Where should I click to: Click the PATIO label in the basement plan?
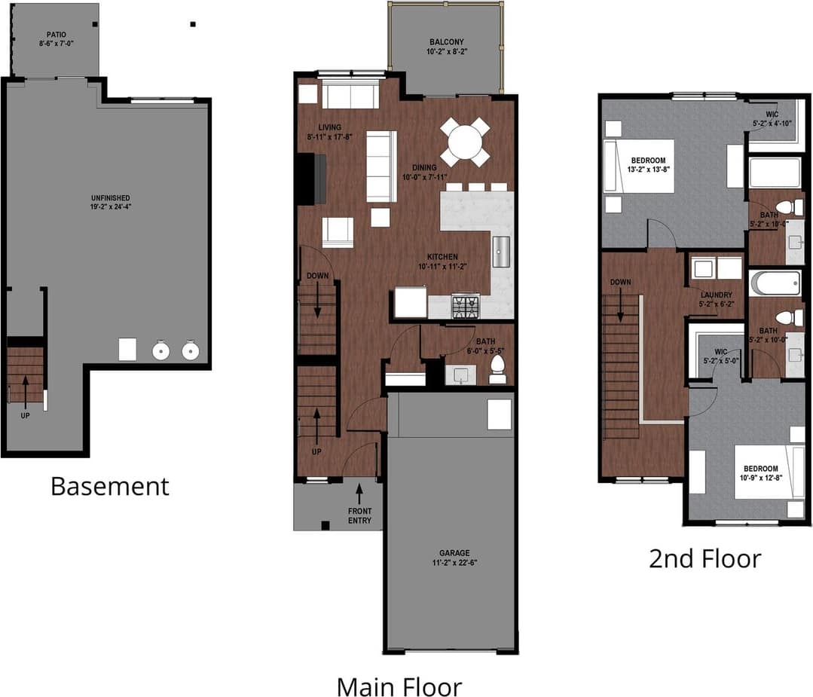click(x=56, y=35)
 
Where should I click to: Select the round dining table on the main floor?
click(x=465, y=141)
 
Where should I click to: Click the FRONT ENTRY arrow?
click(x=359, y=494)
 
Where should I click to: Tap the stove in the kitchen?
click(x=465, y=306)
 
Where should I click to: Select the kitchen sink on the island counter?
click(x=502, y=251)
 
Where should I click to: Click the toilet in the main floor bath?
click(x=497, y=368)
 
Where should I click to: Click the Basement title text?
click(x=110, y=486)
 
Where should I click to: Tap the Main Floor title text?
click(x=399, y=687)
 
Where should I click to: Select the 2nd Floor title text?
click(x=705, y=558)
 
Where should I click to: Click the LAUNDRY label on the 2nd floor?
click(x=717, y=295)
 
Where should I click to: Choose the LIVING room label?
click(x=330, y=127)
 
